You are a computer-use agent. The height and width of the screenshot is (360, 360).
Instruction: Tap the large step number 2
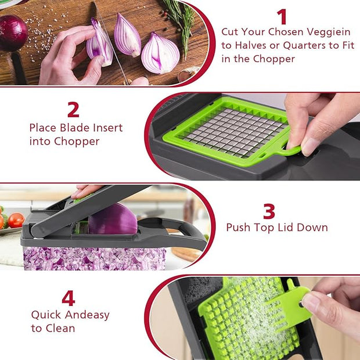73,109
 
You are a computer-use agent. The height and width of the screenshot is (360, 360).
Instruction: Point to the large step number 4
69,298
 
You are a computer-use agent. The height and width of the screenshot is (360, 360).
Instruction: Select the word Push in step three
238,228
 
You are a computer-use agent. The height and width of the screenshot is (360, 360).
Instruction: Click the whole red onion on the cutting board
12,33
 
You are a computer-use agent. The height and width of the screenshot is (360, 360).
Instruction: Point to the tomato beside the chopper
16,220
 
